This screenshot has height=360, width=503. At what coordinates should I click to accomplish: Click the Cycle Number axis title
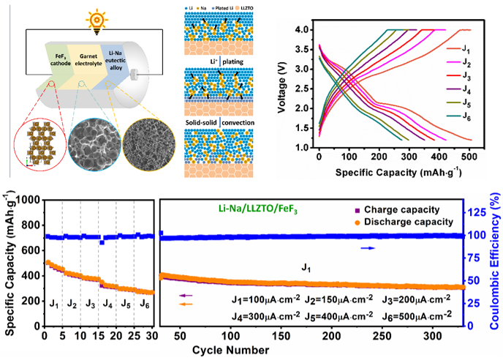coord(230,350)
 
